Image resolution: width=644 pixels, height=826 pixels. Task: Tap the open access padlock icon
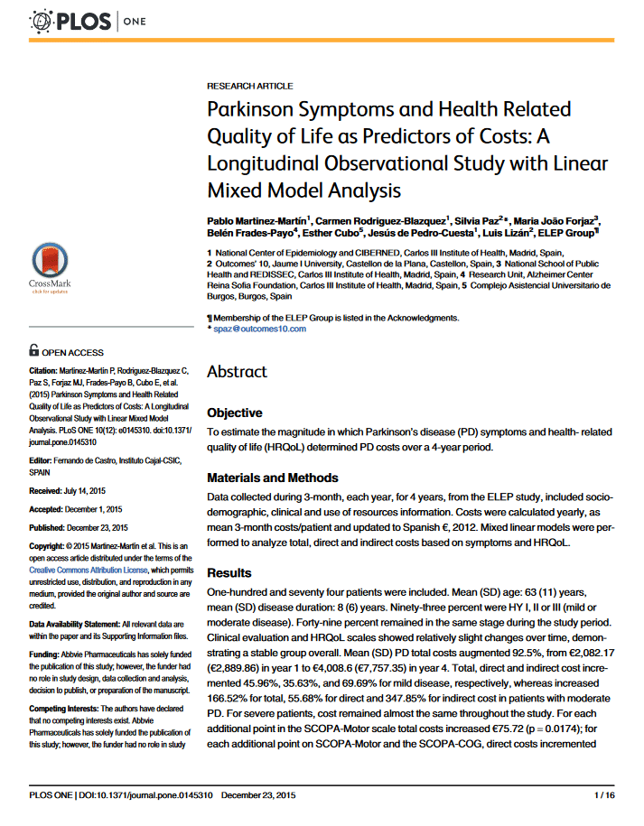(33, 350)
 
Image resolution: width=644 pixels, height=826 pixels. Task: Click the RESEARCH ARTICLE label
(250, 86)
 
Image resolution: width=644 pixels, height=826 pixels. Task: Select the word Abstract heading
(237, 372)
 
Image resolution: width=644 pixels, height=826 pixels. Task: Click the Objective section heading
(235, 413)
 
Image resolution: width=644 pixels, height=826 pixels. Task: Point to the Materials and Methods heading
(273, 478)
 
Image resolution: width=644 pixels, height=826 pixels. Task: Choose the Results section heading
(229, 573)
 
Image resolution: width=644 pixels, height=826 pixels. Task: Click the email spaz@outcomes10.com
(260, 329)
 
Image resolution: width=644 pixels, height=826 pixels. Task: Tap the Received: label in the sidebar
(48, 490)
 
